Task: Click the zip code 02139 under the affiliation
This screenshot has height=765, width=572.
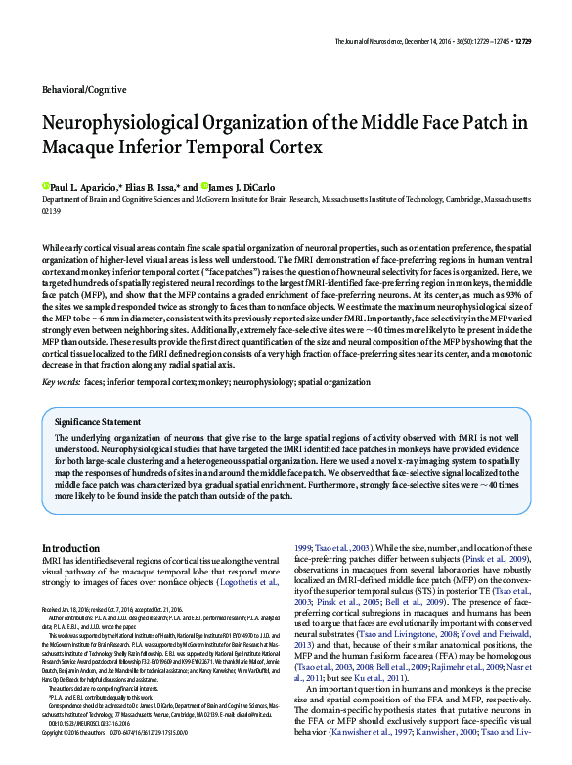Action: click(x=52, y=210)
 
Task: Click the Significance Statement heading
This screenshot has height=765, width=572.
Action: click(x=98, y=421)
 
